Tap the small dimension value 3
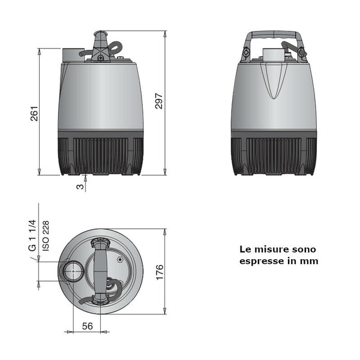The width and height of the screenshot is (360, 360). pos(79,187)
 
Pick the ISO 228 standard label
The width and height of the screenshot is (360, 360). pos(46,236)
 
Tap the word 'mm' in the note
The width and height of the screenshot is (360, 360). pos(310,261)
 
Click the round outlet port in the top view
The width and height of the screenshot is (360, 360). pos(73,272)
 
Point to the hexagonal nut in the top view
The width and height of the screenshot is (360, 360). pos(121,260)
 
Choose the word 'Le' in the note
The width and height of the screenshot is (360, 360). pos(245,248)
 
